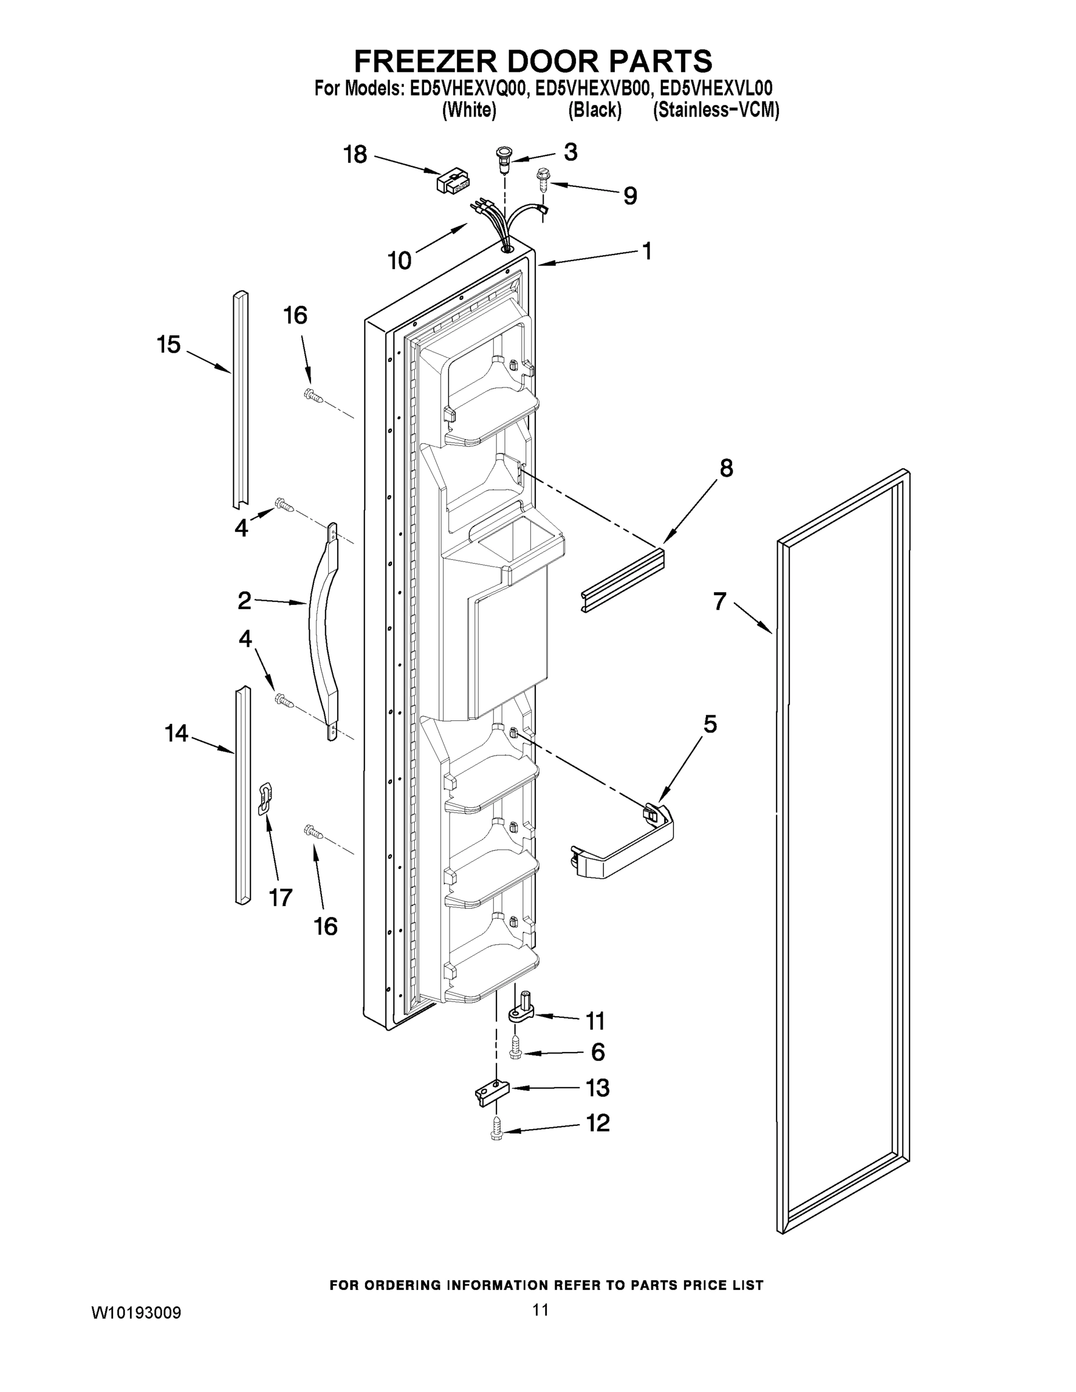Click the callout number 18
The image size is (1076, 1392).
tap(355, 154)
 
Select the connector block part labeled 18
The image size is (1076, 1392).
tap(452, 182)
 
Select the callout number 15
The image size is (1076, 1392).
tap(169, 345)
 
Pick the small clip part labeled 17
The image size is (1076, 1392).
tap(265, 799)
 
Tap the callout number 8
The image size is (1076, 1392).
tap(726, 468)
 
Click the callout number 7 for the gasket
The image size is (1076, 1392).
tap(720, 600)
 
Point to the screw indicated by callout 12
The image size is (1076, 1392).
tap(497, 1133)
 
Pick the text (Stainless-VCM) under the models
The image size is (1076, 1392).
tap(715, 110)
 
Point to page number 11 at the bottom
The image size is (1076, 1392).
tap(541, 1309)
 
